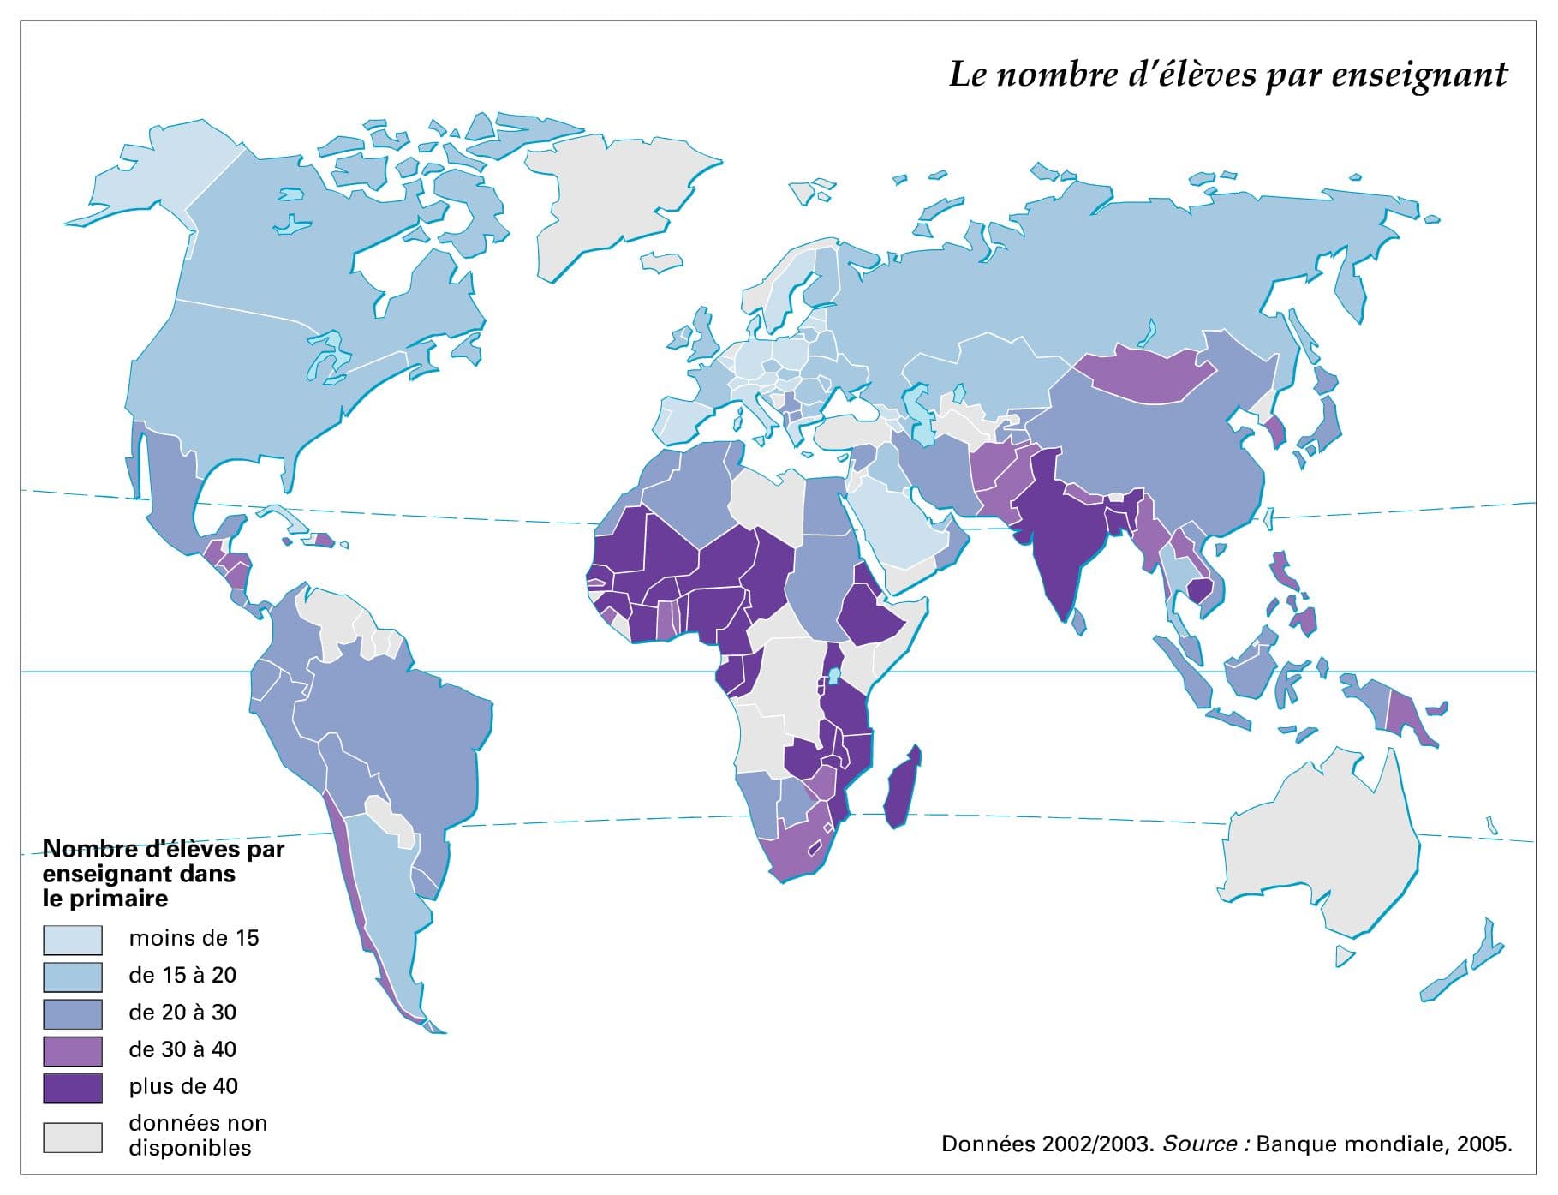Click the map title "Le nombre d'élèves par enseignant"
1227,75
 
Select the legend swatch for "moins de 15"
73,940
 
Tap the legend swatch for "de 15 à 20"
73,977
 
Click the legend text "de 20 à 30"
182,1013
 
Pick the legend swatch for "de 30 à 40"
73,1050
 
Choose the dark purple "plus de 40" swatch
73,1087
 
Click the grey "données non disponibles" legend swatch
73,1137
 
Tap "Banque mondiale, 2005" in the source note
1382,1144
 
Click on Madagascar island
901,788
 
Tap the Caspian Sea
921,415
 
